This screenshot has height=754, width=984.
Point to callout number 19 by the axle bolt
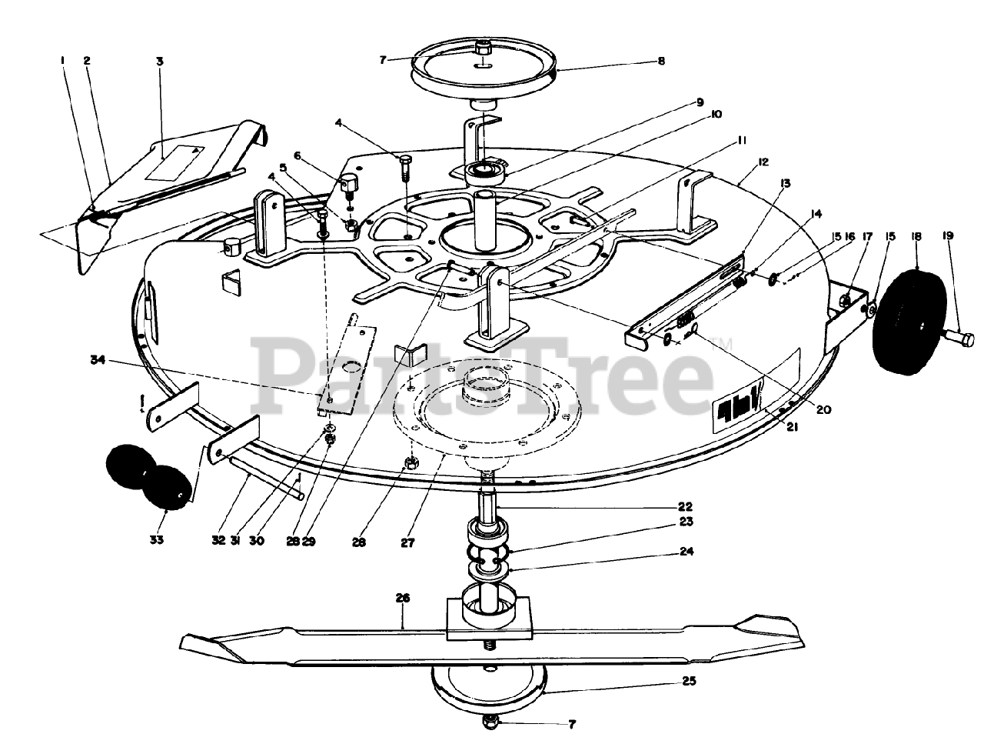[948, 236]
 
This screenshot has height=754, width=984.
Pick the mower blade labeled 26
[492, 639]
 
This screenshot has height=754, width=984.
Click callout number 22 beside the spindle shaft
[686, 506]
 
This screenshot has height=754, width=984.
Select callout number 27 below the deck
[407, 542]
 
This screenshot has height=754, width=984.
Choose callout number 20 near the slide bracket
[823, 410]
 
